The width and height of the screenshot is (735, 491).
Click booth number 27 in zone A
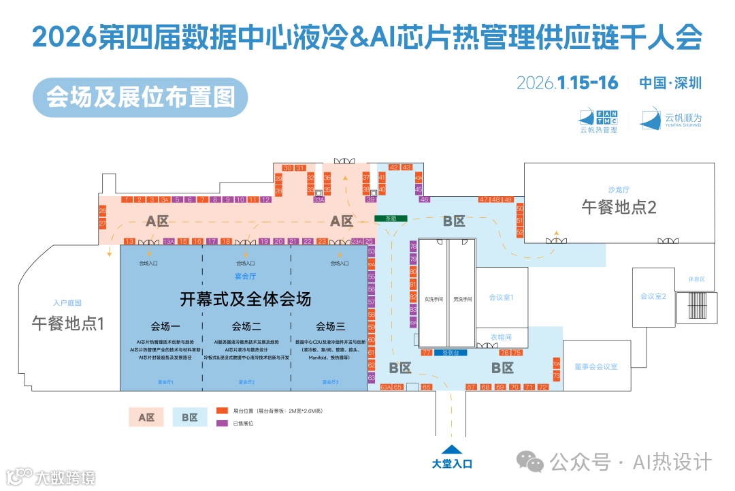coord(103,223)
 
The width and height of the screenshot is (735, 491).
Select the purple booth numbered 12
coord(266,200)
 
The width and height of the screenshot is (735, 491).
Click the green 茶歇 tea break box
coord(391,219)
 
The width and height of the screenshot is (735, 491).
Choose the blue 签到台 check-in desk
coord(452,353)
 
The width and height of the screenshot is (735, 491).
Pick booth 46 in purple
coord(425,200)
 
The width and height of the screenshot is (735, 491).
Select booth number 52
coord(520,232)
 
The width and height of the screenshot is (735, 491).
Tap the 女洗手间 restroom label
coord(434,299)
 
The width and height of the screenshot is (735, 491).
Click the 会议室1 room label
coord(501,298)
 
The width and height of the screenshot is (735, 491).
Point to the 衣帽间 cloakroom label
coord(501,337)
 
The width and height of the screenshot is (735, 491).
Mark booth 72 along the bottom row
coord(542,387)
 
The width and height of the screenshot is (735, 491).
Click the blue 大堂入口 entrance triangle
coord(451,449)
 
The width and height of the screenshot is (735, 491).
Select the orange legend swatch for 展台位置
coord(222,411)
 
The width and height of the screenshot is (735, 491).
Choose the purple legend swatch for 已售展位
coord(222,423)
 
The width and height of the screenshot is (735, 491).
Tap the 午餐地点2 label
coord(619,208)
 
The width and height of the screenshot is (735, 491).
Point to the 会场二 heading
coord(246,325)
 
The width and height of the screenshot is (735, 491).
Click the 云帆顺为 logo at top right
coord(671,119)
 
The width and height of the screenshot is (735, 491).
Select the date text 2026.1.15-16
coord(567,83)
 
